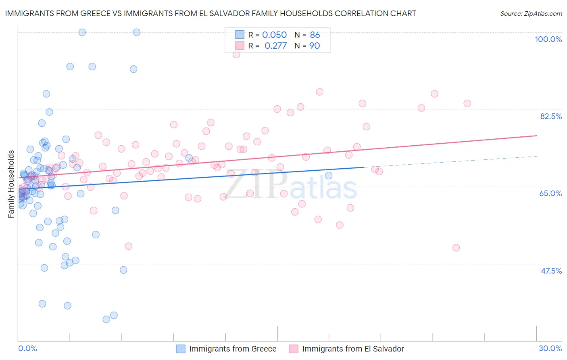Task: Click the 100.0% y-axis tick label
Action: click(548, 39)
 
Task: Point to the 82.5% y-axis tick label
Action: click(551, 116)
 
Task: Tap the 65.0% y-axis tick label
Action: click(550, 193)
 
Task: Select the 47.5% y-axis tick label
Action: click(551, 271)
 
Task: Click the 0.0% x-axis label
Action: click(27, 348)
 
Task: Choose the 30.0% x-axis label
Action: click(550, 348)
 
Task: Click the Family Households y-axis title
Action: click(11, 184)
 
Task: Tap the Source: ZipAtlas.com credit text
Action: click(531, 14)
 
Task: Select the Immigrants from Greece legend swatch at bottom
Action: click(181, 349)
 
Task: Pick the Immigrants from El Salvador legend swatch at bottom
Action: click(294, 349)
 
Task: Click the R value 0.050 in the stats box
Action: click(274, 35)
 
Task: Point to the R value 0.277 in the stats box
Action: click(275, 46)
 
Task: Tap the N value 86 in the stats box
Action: click(315, 35)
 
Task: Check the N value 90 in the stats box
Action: click(315, 46)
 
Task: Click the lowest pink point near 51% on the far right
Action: click(456, 248)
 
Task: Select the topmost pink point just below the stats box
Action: click(236, 54)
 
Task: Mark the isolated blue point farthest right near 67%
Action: click(329, 175)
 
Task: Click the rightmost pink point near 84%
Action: click(467, 103)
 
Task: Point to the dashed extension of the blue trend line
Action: click(452, 161)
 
